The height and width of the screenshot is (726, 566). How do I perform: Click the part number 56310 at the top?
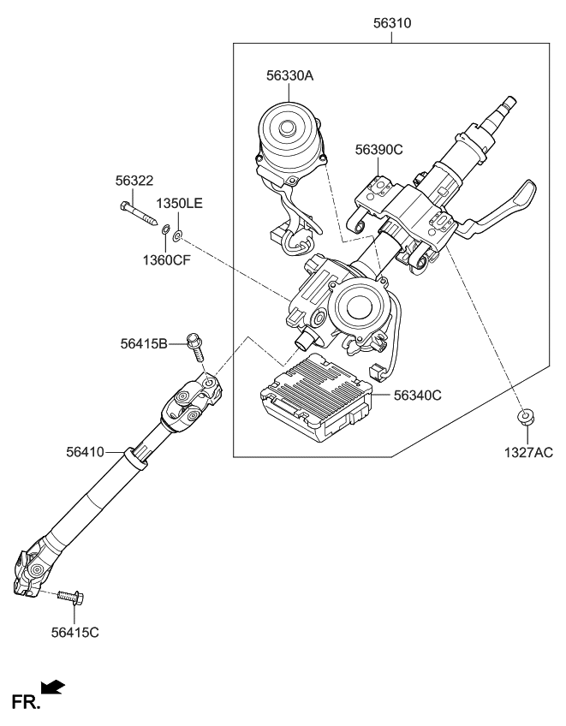click(x=392, y=24)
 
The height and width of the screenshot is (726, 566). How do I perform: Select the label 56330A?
click(x=289, y=76)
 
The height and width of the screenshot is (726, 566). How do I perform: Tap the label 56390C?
click(x=378, y=149)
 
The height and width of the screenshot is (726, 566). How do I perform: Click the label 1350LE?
click(x=179, y=204)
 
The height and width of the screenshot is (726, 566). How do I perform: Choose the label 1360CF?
click(x=167, y=259)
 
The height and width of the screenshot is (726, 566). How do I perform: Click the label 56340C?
click(x=417, y=396)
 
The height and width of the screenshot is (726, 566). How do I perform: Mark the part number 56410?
click(x=85, y=450)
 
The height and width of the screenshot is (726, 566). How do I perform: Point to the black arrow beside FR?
click(x=52, y=686)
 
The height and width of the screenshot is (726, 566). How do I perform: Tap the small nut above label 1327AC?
click(x=523, y=417)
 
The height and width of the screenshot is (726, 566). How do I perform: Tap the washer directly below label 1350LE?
click(x=178, y=235)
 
